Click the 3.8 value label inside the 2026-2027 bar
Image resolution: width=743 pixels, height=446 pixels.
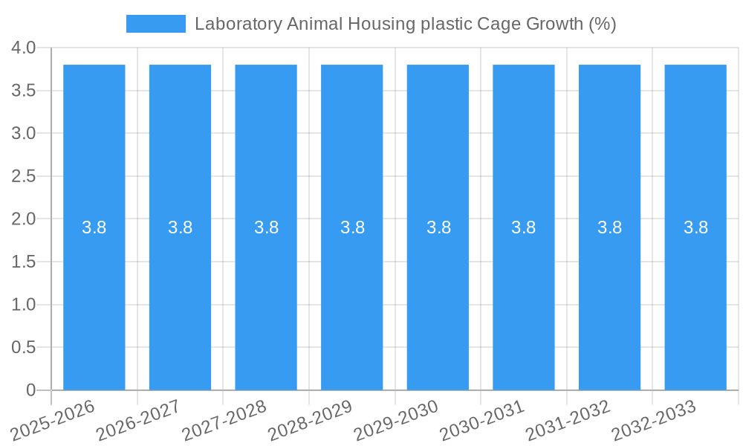pos(180,227)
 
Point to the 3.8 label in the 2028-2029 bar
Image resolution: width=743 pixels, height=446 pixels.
pos(352,227)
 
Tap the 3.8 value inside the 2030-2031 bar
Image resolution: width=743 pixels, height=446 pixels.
pos(524,227)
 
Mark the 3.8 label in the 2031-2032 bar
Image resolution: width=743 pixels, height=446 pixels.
pos(609,227)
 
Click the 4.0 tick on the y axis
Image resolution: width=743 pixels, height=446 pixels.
pos(24,48)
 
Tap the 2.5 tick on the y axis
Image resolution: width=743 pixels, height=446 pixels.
pos(24,176)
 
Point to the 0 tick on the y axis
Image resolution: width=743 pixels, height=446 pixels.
pos(30,390)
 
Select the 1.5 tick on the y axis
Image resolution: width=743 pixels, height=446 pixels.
pos(24,262)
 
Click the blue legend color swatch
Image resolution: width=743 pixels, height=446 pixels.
pos(156,24)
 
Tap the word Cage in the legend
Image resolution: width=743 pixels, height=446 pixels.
pos(503,24)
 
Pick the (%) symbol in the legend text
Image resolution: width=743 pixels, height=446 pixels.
pos(603,24)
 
